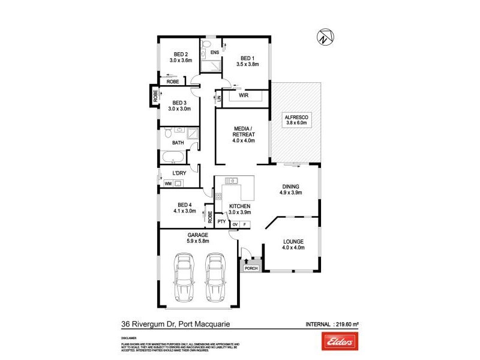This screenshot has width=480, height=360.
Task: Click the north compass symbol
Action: [324, 37]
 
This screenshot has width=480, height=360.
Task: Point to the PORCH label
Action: [251, 268]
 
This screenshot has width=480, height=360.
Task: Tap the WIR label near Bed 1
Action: [244, 95]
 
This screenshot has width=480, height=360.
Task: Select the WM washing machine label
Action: [168, 184]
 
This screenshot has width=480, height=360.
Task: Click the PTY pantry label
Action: [221, 221]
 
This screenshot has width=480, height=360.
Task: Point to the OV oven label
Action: [235, 224]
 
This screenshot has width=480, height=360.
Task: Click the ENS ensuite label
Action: [215, 53]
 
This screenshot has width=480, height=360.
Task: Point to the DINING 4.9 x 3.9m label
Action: [291, 190]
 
